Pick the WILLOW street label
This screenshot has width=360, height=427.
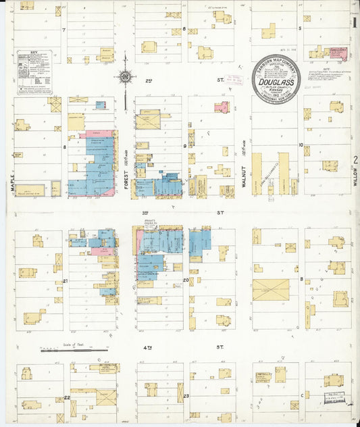click(x=353, y=177)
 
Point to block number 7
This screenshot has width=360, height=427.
click(x=63, y=30)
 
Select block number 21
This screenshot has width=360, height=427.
click(x=65, y=280)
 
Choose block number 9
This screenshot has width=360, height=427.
click(x=184, y=145)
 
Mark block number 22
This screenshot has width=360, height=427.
click(x=66, y=398)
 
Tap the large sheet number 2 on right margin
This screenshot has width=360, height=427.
click(x=354, y=160)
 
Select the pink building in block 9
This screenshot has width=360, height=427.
click(x=220, y=106)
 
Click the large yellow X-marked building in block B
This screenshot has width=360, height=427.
click(x=270, y=290)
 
